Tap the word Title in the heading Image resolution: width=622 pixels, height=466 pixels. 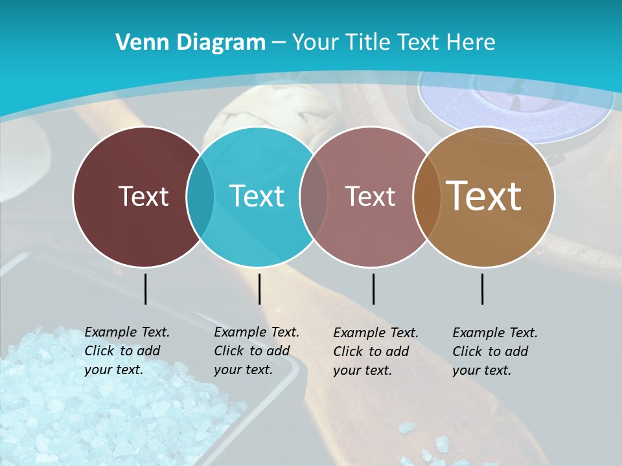click(369, 43)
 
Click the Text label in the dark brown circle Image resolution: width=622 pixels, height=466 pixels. click(143, 196)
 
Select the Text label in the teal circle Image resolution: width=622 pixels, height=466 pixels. click(257, 196)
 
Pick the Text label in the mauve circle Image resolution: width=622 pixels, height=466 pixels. click(371, 196)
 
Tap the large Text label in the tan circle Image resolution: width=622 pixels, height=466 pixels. click(484, 196)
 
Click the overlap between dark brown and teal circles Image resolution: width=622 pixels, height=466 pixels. click(200, 197)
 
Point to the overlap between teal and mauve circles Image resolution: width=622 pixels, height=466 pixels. click(314, 197)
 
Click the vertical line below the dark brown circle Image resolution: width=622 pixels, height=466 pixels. click(145, 289)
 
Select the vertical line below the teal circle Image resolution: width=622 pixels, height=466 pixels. click(259, 289)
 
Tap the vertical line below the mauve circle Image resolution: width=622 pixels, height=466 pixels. click(373, 289)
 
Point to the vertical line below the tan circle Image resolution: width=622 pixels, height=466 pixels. click(483, 289)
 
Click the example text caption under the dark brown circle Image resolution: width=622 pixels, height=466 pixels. click(126, 351)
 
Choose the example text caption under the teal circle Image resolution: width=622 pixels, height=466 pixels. click(256, 351)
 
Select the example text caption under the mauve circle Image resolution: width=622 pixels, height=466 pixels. click(375, 351)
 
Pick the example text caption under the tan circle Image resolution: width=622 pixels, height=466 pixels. click(494, 351)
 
